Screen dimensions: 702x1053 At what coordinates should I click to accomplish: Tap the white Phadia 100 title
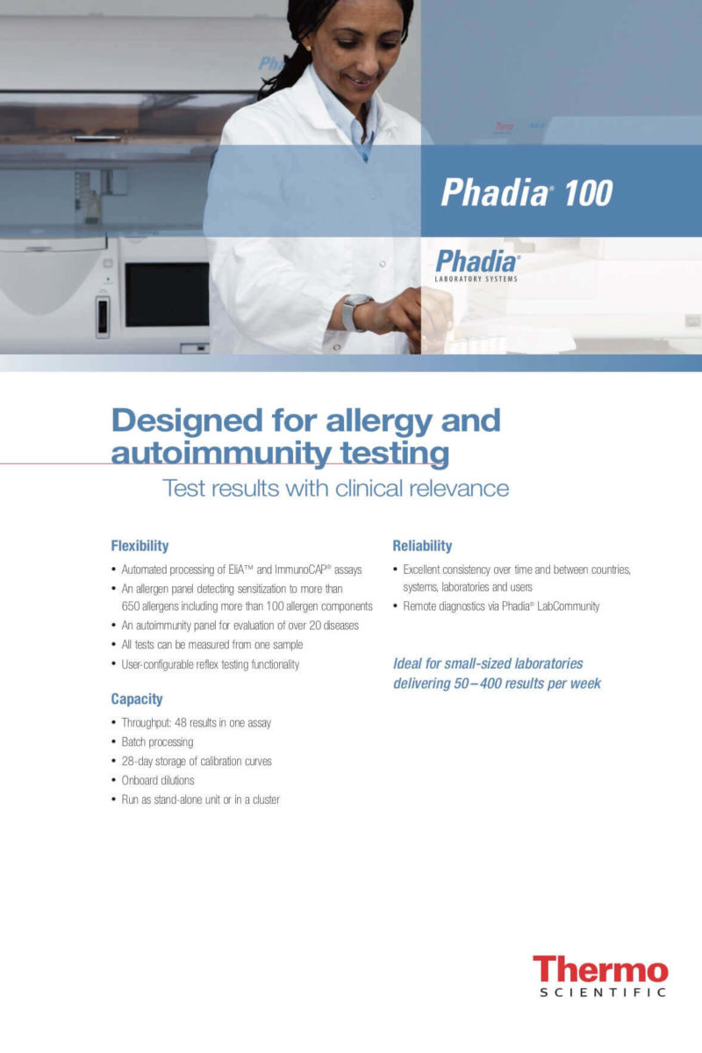pyautogui.click(x=526, y=192)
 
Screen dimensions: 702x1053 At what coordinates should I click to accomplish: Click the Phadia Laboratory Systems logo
pyautogui.click(x=477, y=266)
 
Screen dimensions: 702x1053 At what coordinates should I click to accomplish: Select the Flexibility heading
pyautogui.click(x=140, y=546)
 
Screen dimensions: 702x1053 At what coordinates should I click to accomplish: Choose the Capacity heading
pyautogui.click(x=137, y=699)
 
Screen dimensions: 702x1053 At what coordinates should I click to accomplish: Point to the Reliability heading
pyautogui.click(x=422, y=546)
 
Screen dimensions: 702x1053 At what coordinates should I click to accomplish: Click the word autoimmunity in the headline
pyautogui.click(x=221, y=453)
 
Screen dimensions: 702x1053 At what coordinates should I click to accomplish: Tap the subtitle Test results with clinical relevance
pyautogui.click(x=336, y=488)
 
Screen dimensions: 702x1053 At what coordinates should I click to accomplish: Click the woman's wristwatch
pyautogui.click(x=356, y=312)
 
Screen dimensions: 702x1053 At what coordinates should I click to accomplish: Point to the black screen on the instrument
pyautogui.click(x=167, y=295)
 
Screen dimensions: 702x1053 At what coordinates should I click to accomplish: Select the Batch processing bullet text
pyautogui.click(x=158, y=741)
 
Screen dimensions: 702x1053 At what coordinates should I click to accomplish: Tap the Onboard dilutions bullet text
pyautogui.click(x=158, y=780)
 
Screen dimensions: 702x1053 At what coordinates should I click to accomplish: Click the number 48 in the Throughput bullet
pyautogui.click(x=181, y=722)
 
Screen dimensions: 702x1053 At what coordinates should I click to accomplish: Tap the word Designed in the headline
pyautogui.click(x=187, y=421)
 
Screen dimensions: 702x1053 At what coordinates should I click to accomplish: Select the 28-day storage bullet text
pyautogui.click(x=197, y=761)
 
